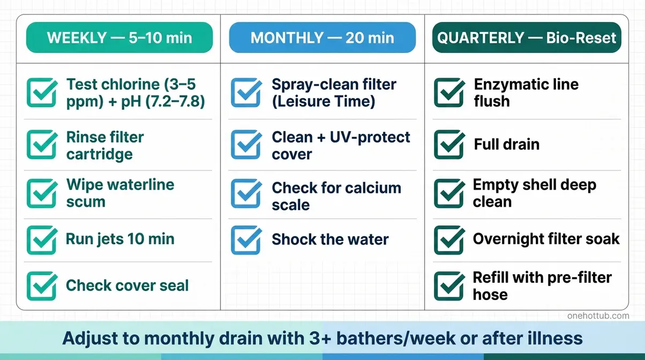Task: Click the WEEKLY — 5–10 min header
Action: click(119, 38)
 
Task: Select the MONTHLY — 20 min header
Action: click(322, 38)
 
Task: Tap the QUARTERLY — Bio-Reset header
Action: click(527, 38)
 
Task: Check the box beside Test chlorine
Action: click(42, 92)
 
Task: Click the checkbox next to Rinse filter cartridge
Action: click(42, 145)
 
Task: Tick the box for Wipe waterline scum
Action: click(42, 193)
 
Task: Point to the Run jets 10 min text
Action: click(120, 239)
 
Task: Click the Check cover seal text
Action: click(127, 286)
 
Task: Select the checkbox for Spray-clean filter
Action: click(246, 92)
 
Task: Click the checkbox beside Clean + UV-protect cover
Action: click(246, 145)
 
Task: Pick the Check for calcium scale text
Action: click(336, 196)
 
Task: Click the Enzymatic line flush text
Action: click(526, 93)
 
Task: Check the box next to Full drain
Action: click(449, 145)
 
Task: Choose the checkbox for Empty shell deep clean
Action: click(449, 193)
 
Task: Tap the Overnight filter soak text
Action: click(546, 239)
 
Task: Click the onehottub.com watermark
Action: click(598, 316)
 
